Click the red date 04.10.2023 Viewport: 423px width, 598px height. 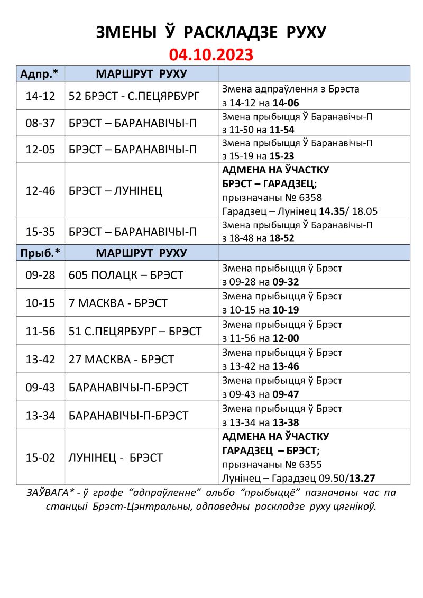[x=211, y=54]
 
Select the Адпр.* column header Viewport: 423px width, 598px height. [x=39, y=73]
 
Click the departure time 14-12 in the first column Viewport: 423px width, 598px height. [x=40, y=96]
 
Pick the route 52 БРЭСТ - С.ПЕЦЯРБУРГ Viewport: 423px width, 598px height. [x=134, y=96]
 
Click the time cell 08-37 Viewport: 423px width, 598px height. [x=40, y=123]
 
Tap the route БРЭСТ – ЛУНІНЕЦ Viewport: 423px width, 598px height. [x=115, y=191]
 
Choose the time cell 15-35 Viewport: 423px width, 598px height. [x=40, y=232]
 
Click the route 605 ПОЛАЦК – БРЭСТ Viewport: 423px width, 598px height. [x=126, y=275]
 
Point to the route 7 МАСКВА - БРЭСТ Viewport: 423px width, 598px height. [x=118, y=303]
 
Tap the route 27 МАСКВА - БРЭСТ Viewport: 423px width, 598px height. [x=121, y=360]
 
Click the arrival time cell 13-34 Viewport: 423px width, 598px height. [x=40, y=416]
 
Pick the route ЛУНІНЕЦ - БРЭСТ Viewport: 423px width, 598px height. [x=115, y=458]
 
